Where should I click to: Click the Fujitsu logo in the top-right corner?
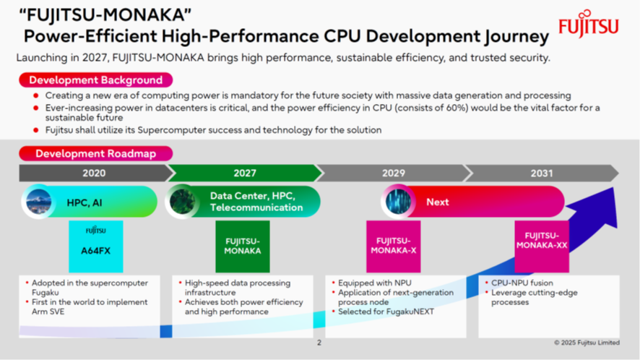click(589, 24)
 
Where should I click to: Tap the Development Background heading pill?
click(96, 80)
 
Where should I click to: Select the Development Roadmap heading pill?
click(96, 154)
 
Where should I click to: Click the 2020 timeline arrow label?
click(94, 173)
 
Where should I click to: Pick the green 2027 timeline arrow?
click(245, 173)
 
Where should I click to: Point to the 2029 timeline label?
click(394, 173)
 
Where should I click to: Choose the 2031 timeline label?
click(542, 173)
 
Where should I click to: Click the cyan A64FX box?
click(96, 247)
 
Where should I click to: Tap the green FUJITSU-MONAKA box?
click(243, 247)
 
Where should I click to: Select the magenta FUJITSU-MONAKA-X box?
click(394, 247)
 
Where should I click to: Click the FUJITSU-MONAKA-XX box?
click(542, 247)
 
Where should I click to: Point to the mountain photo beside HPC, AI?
click(38, 202)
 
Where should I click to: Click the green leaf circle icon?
click(182, 202)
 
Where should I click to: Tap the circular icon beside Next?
click(398, 202)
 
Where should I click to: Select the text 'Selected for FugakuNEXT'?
click(386, 312)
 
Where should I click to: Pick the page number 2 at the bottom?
click(319, 343)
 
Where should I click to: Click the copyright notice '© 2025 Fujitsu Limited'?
click(587, 343)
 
